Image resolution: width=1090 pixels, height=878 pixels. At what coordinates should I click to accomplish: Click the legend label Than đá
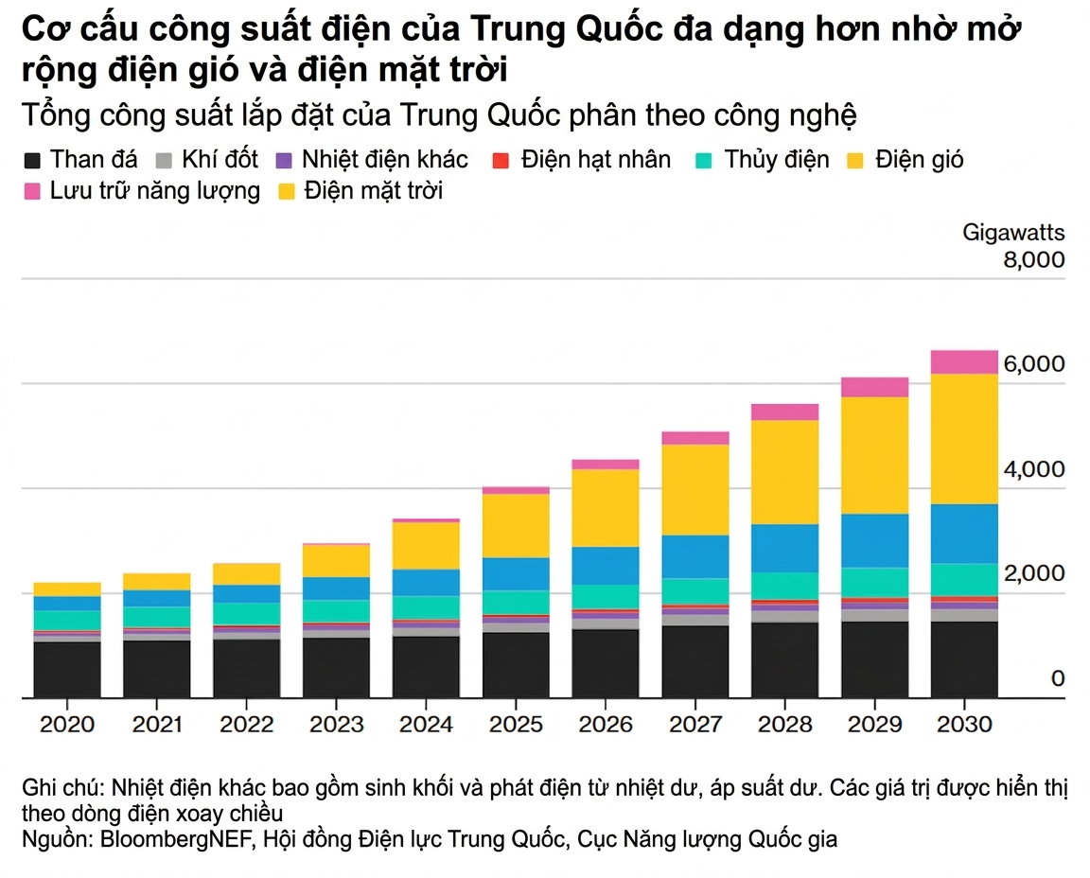(94, 159)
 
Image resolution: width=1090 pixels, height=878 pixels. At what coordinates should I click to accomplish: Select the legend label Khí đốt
(221, 159)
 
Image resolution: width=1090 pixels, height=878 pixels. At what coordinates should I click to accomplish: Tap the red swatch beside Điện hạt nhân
(501, 160)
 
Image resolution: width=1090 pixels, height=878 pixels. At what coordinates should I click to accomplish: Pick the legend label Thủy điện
(776, 159)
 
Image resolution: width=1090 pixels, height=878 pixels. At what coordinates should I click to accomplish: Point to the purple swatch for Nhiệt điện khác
(284, 160)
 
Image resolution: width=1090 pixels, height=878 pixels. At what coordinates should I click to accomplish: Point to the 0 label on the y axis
(1058, 678)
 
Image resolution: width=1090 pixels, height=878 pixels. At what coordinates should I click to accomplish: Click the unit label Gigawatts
(1013, 233)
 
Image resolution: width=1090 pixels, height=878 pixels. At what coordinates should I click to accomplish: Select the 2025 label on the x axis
(516, 725)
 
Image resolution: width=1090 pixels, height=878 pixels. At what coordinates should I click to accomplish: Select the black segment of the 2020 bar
(66, 670)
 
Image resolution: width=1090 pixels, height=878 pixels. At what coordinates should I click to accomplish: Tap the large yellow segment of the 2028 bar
(785, 471)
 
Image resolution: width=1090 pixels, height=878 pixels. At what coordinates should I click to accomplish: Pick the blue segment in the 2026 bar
(606, 566)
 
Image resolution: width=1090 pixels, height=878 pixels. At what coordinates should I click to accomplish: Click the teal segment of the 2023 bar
(336, 611)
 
